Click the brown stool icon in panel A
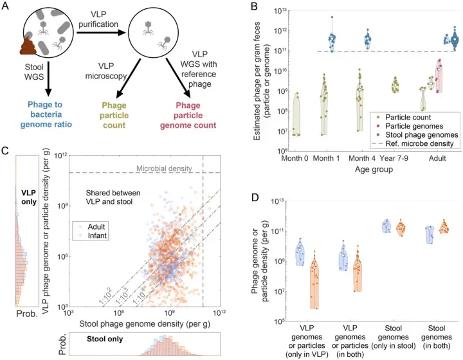(28, 45)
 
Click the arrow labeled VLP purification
(102, 32)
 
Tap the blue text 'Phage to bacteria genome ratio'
(46, 114)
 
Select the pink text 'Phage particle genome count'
(188, 115)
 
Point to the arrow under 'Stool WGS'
(48, 79)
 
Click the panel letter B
(254, 6)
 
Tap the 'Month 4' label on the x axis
(362, 158)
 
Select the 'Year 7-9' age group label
(394, 158)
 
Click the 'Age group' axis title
(374, 169)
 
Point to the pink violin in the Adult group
(439, 76)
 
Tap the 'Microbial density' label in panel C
(164, 168)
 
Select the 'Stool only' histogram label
(105, 339)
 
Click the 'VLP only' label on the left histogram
(29, 197)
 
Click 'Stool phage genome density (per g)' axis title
(145, 324)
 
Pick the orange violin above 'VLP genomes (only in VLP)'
(314, 280)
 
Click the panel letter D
(255, 197)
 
